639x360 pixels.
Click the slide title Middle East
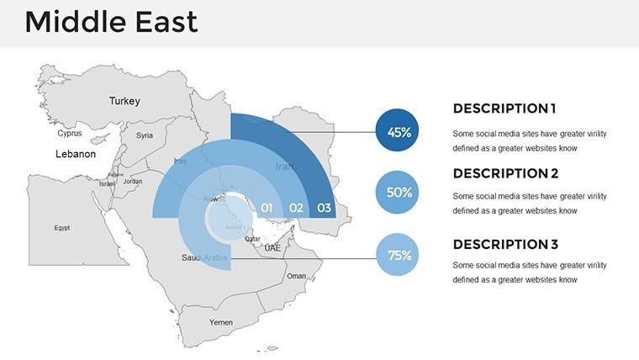click(x=111, y=22)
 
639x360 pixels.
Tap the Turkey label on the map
click(x=124, y=101)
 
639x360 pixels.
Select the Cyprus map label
click(x=70, y=133)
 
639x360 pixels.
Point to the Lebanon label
click(x=76, y=155)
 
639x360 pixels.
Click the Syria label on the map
click(x=145, y=135)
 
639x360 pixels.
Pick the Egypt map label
click(x=61, y=228)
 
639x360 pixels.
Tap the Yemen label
click(x=220, y=322)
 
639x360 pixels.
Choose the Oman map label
click(x=297, y=276)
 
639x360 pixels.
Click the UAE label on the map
click(x=272, y=248)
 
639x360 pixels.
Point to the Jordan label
click(x=133, y=181)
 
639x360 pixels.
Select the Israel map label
click(x=107, y=183)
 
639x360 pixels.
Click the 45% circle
click(x=399, y=132)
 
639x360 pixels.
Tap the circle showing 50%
click(x=399, y=193)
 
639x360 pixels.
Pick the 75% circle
click(x=399, y=255)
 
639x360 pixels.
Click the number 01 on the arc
click(x=267, y=207)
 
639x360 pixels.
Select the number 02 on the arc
click(x=296, y=207)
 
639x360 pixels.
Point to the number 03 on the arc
click(x=325, y=207)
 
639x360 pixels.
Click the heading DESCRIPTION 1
click(x=504, y=109)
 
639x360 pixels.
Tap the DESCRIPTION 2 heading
click(x=505, y=174)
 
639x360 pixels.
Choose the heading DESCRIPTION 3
click(x=505, y=245)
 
